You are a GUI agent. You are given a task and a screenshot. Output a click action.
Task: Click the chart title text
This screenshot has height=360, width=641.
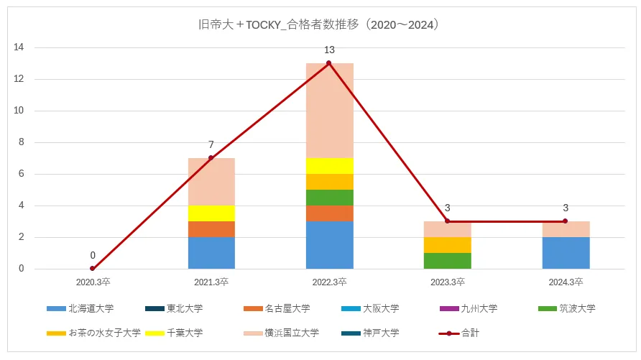point(319,24)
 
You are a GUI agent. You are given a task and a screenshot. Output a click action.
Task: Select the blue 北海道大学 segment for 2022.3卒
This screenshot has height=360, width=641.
point(329,245)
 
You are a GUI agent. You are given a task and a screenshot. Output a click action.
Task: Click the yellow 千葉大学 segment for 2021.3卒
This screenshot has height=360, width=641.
point(211,213)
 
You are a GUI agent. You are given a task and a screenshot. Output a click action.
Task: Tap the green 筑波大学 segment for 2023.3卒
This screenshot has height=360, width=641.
point(447,261)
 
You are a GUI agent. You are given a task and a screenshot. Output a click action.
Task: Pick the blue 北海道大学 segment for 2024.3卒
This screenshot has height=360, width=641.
point(565,253)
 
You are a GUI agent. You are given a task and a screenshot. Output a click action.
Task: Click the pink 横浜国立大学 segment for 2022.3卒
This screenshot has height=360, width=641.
point(329,111)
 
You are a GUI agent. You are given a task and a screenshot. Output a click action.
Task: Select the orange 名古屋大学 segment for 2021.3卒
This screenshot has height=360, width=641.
point(211,229)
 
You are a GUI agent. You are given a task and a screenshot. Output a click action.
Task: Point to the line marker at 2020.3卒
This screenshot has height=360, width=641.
point(93,269)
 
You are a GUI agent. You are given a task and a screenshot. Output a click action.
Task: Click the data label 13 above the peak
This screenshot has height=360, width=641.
point(329,50)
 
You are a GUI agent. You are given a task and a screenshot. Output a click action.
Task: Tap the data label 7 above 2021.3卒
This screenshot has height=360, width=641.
point(211,145)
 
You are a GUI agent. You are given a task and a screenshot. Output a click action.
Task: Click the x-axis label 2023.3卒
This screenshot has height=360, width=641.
point(447,281)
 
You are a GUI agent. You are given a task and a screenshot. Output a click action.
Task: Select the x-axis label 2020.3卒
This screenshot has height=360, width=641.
point(93,281)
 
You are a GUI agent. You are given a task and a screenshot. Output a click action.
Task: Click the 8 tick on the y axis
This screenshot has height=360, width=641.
point(22,142)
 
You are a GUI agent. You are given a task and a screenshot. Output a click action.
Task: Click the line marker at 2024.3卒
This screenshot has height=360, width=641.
point(565,221)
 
